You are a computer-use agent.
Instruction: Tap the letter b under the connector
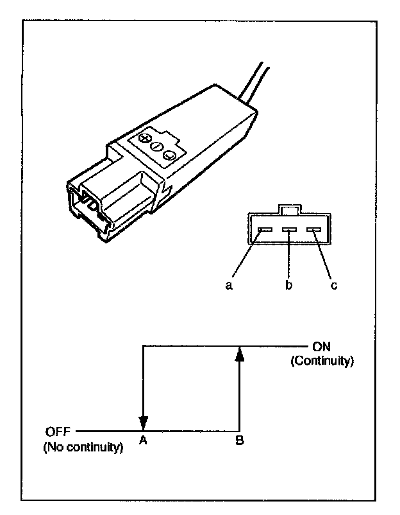289,285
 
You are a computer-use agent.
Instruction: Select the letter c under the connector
333,285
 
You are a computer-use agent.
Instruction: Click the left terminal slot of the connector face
265,230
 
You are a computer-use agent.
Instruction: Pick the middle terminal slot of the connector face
289,230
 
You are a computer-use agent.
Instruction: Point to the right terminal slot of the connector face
313,230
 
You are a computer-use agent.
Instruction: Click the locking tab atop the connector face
289,209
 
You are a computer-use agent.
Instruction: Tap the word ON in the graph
321,345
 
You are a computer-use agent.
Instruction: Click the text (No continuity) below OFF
83,447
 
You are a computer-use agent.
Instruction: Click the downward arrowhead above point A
144,423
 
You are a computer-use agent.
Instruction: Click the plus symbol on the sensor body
146,139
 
